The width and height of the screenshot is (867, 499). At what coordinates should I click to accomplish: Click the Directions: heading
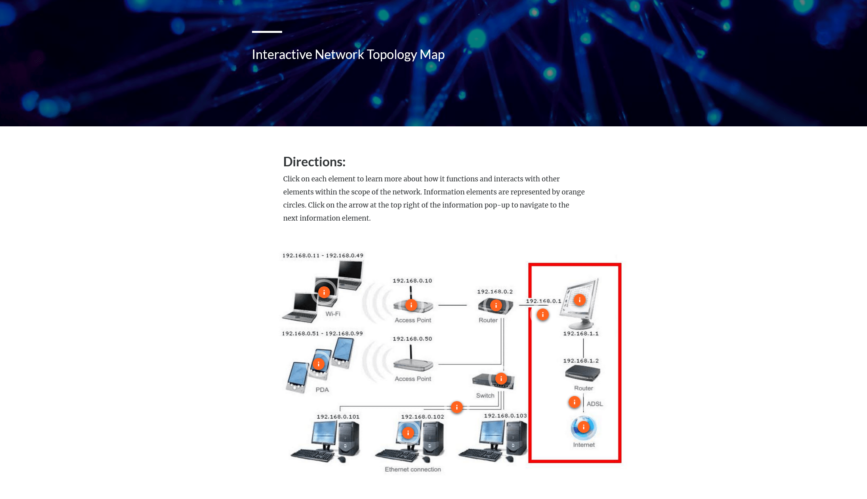[x=314, y=162]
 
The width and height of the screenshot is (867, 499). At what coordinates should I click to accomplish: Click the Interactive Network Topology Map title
[x=348, y=54]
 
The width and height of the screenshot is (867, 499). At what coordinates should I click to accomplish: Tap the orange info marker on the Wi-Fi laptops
[x=324, y=292]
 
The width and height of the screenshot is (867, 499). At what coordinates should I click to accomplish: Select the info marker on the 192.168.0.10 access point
[x=411, y=305]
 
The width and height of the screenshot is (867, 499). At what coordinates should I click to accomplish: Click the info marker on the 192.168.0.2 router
[x=496, y=305]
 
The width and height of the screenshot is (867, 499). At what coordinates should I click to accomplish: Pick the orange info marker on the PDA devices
[x=319, y=364]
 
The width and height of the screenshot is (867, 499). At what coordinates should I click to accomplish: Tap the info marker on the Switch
[x=501, y=379]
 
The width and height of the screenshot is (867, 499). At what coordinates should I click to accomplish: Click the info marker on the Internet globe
[x=584, y=427]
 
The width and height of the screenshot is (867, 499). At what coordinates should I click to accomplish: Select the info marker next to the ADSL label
[x=575, y=402]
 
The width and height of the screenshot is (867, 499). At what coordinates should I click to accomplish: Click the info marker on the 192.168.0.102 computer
[x=408, y=433]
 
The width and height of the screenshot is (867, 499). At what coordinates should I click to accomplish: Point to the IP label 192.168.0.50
[x=412, y=339]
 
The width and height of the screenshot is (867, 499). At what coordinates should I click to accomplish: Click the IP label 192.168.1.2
[x=581, y=361]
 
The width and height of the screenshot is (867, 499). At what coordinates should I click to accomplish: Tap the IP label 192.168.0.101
[x=338, y=417]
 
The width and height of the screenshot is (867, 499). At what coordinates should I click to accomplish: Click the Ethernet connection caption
[x=413, y=469]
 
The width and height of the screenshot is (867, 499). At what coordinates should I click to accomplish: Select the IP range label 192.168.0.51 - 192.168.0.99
[x=323, y=333]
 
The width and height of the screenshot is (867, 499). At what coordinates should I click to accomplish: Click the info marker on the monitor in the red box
[x=580, y=300]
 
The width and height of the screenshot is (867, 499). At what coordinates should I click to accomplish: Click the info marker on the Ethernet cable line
[x=457, y=407]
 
